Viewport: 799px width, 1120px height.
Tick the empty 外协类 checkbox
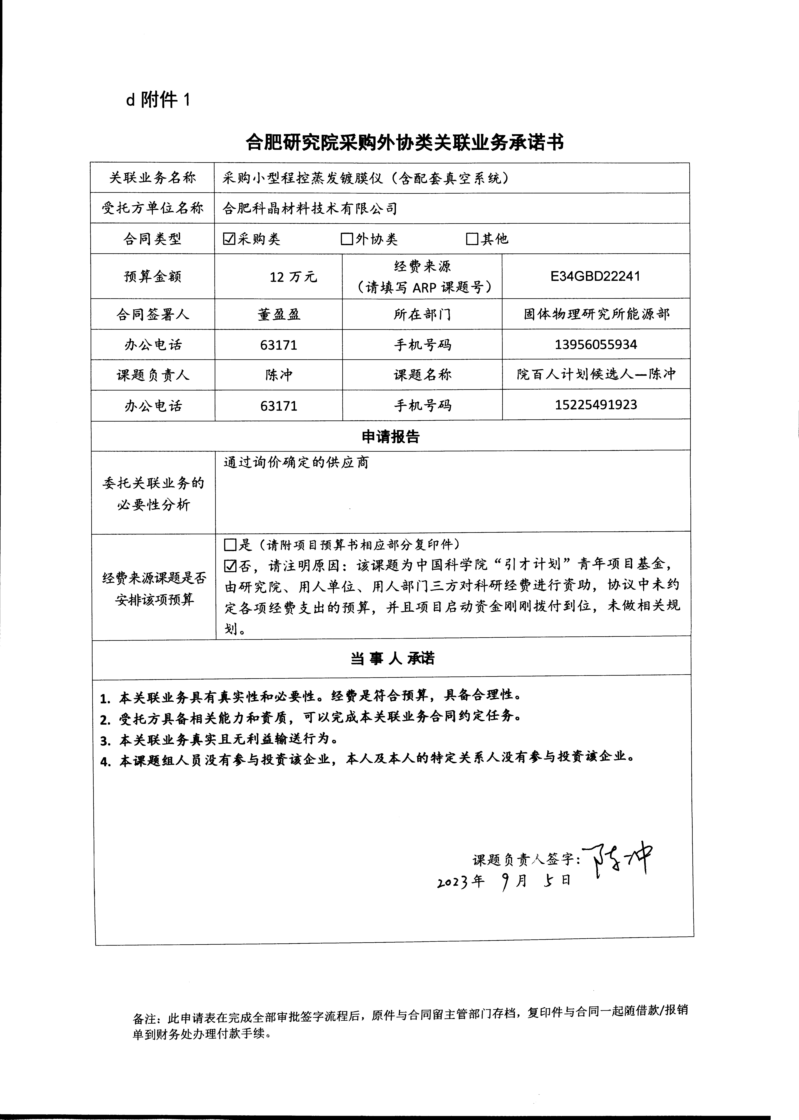[347, 239]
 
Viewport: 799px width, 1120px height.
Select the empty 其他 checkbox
[472, 239]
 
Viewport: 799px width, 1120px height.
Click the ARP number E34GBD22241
[595, 276]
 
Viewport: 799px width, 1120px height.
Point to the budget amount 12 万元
[293, 277]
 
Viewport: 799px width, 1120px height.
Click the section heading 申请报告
[391, 436]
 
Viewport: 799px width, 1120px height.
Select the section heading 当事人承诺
[392, 658]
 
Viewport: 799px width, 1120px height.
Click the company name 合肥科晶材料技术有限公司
[310, 209]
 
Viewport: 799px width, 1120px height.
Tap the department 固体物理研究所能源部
[596, 314]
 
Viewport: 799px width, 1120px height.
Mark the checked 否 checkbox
[230, 566]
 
